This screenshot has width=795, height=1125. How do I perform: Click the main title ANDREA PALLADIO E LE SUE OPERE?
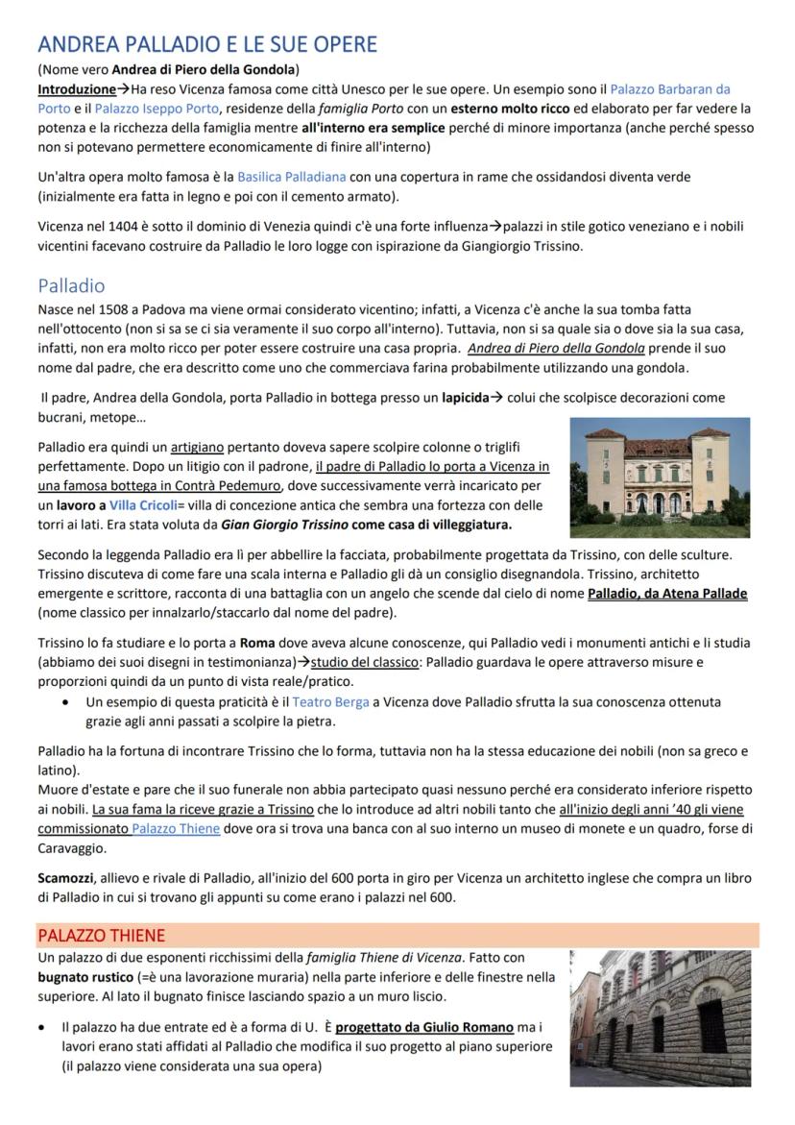tap(207, 44)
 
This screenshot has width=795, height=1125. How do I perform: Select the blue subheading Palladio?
tap(71, 285)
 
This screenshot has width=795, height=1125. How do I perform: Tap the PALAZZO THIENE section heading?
tap(101, 935)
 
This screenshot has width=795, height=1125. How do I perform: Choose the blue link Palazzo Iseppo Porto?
tap(157, 109)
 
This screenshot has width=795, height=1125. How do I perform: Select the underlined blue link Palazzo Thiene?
tap(176, 828)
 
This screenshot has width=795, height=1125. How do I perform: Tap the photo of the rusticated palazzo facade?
tap(660, 1018)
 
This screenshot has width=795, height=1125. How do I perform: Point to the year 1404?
tap(109, 227)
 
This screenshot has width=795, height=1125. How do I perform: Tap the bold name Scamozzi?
tap(65, 878)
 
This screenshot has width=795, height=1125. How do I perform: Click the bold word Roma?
tap(257, 643)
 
